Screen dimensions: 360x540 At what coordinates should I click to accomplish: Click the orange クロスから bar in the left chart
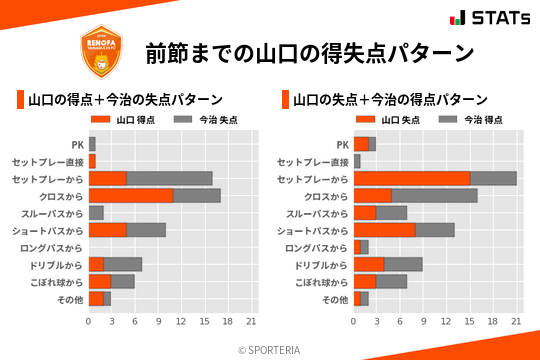pyautogui.click(x=131, y=196)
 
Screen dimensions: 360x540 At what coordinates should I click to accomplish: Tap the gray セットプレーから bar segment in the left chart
pyautogui.click(x=169, y=178)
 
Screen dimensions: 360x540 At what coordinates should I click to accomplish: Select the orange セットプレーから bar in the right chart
pyautogui.click(x=411, y=178)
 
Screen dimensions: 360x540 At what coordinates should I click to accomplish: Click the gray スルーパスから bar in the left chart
pyautogui.click(x=96, y=213)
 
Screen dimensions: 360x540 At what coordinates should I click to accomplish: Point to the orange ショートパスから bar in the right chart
pyautogui.click(x=384, y=230)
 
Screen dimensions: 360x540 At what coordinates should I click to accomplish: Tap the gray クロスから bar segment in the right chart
pyautogui.click(x=434, y=196)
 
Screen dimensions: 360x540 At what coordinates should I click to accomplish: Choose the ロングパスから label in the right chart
pyautogui.click(x=316, y=247)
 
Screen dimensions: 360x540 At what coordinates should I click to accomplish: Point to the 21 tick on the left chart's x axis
pyautogui.click(x=251, y=321)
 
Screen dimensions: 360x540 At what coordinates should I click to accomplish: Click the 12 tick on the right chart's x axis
pyautogui.click(x=447, y=321)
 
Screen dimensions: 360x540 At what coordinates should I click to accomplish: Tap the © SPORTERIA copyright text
pyautogui.click(x=270, y=349)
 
